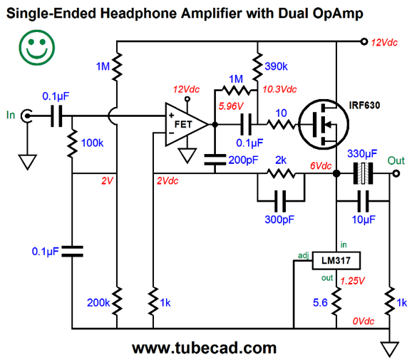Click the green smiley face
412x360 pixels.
(37, 48)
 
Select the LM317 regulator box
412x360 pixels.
(336, 260)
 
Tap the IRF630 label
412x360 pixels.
(364, 106)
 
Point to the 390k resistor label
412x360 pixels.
(276, 66)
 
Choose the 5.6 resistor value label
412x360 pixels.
(320, 303)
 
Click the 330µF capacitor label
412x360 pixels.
(362, 153)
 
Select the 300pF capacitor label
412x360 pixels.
(279, 220)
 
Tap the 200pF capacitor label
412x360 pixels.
(243, 160)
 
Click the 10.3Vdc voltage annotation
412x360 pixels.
(279, 89)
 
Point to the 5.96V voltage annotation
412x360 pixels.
(231, 106)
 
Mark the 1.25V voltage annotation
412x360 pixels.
(352, 281)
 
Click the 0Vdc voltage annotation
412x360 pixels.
(363, 321)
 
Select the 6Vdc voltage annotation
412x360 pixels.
(321, 166)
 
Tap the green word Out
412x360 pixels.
(396, 160)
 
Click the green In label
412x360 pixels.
(11, 115)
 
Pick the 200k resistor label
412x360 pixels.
(98, 303)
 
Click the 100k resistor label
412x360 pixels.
(92, 143)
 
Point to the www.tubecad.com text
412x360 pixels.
(204, 348)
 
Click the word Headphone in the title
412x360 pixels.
(140, 14)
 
